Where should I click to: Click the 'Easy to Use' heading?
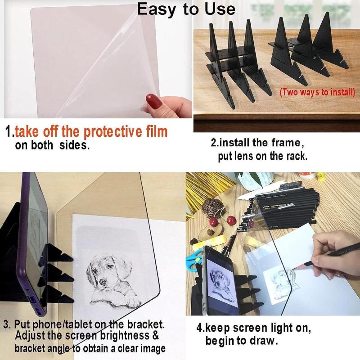[x=186, y=9]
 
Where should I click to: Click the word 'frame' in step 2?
[x=283, y=143]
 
